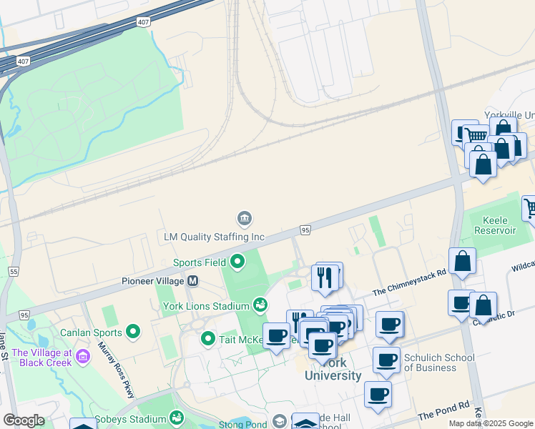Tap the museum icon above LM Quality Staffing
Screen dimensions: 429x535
point(243,217)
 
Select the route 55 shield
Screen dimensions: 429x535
point(13,272)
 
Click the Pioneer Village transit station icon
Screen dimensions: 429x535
point(192,281)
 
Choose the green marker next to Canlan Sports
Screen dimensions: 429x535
point(132,331)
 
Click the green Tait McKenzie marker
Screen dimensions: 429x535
point(208,338)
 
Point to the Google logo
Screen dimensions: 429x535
point(24,420)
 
